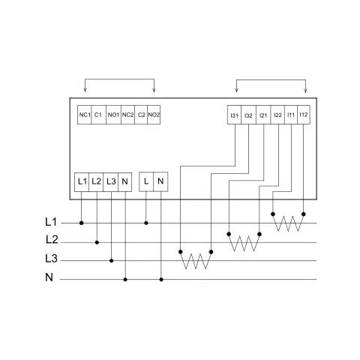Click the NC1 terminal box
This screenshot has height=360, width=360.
click(x=85, y=115)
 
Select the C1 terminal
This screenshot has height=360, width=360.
click(x=99, y=115)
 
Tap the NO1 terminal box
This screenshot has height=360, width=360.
click(x=113, y=115)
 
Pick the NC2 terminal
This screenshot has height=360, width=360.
click(x=127, y=115)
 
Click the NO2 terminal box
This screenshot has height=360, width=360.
click(x=154, y=115)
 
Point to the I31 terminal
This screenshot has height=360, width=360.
click(x=234, y=115)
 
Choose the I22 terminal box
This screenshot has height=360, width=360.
click(x=277, y=115)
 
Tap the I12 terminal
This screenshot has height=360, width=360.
click(x=304, y=115)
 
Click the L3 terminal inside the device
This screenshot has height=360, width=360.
click(x=110, y=182)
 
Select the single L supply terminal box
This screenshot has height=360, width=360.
click(x=146, y=181)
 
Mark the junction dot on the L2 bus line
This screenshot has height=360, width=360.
click(x=97, y=242)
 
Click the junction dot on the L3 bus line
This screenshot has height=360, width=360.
click(x=112, y=261)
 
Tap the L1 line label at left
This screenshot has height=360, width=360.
click(x=51, y=222)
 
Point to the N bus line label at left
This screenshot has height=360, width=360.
click(x=49, y=277)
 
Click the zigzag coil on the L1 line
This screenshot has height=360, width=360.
click(x=288, y=223)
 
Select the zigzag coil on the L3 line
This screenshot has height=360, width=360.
click(x=196, y=260)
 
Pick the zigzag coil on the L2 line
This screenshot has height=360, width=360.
click(x=244, y=242)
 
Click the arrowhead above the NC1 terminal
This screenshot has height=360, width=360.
click(x=85, y=90)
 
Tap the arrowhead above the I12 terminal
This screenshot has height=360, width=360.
click(x=305, y=91)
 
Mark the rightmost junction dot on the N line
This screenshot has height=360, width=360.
click(x=161, y=280)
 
